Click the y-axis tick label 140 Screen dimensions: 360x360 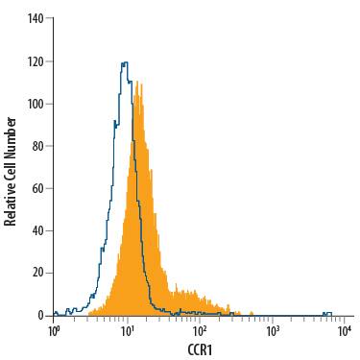pyautogui.click(x=36, y=19)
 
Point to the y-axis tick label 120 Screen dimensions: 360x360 pyautogui.click(x=36, y=61)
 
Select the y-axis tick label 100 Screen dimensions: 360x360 pyautogui.click(x=36, y=104)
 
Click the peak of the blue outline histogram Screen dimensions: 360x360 pyautogui.click(x=124, y=63)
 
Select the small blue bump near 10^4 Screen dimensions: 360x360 pyautogui.click(x=327, y=312)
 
